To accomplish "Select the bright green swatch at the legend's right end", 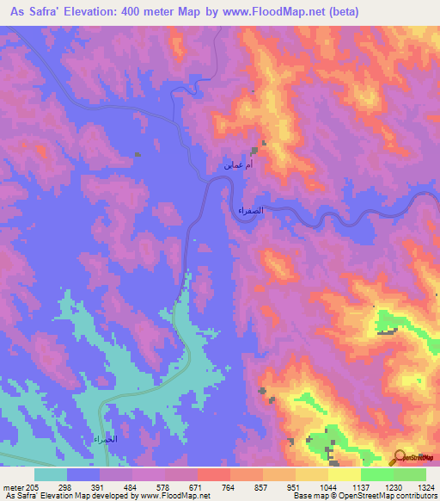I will [x=409, y=474].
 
